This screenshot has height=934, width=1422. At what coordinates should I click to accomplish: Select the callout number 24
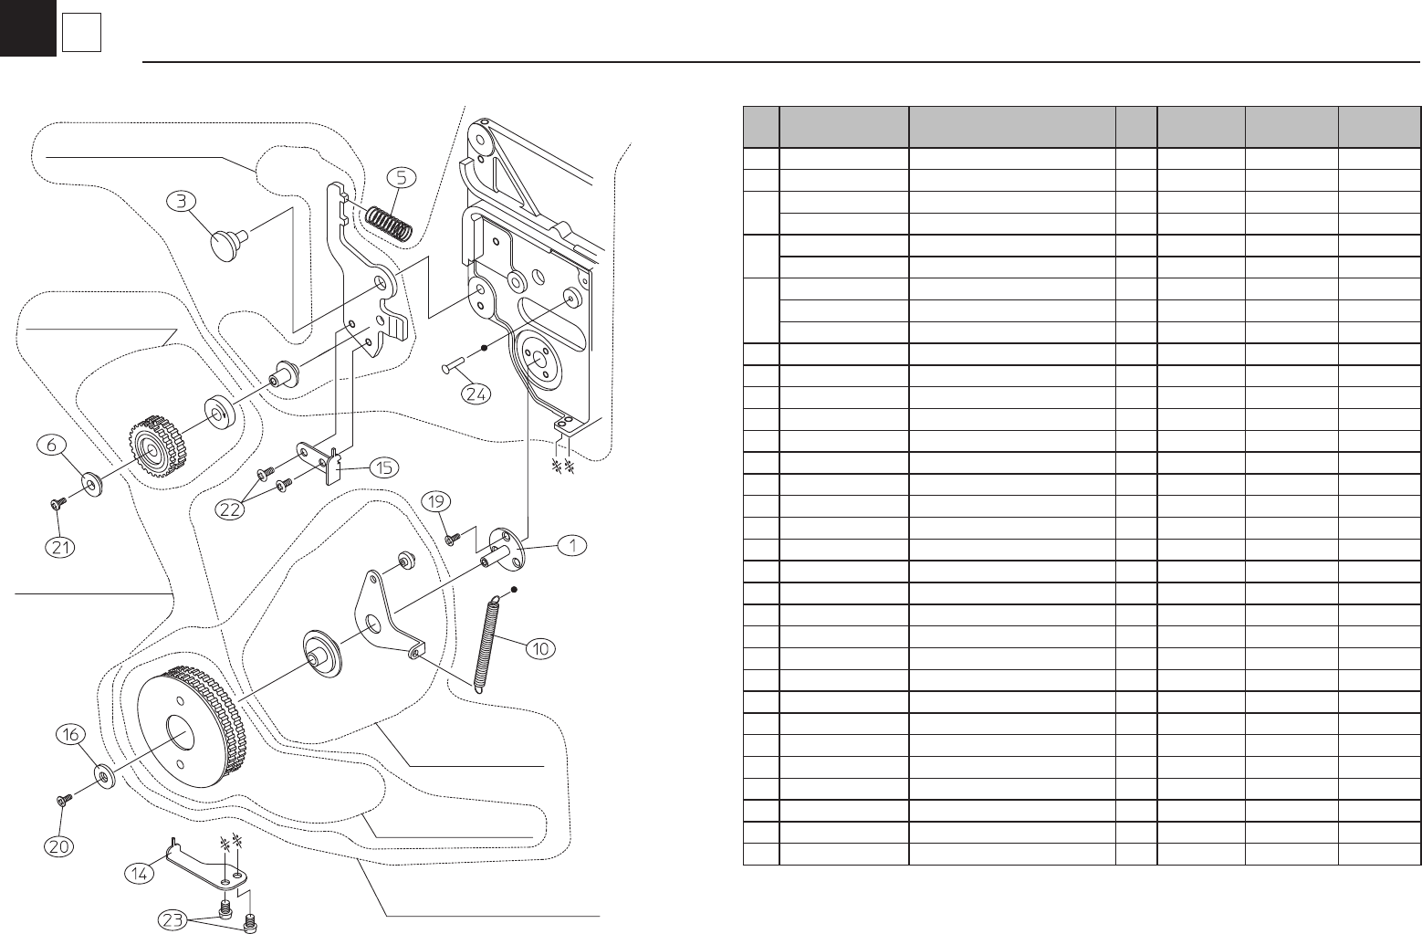point(476,394)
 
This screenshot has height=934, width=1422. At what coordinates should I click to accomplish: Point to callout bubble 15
point(384,467)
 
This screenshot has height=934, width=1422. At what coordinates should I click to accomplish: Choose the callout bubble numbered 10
point(540,649)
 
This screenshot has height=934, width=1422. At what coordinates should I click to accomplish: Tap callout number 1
point(571,545)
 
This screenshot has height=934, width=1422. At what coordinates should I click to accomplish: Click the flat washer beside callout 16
point(104,777)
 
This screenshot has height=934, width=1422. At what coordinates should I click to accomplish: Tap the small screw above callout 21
point(58,503)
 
